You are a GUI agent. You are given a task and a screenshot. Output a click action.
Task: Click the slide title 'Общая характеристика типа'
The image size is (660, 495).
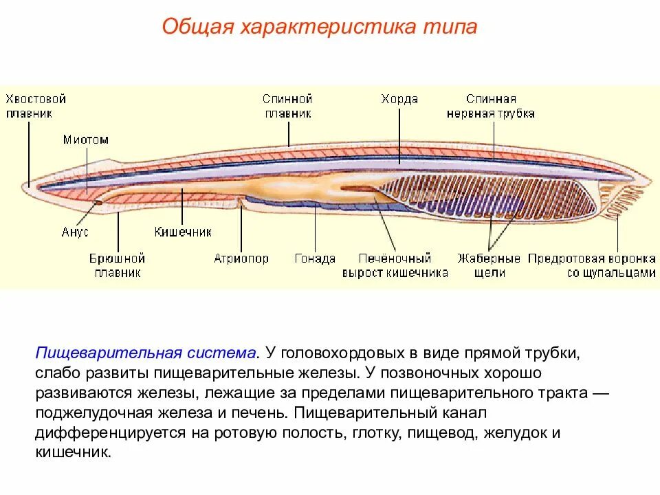pyautogui.click(x=319, y=28)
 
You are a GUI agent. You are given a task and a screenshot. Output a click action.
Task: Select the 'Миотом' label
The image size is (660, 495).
pyautogui.click(x=86, y=140)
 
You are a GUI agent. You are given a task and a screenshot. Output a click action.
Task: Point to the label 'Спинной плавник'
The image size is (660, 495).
pyautogui.click(x=287, y=107)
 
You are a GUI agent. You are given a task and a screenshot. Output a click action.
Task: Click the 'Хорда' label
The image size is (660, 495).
pyautogui.click(x=399, y=100)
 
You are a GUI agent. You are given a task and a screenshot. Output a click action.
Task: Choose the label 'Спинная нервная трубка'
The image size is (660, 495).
pyautogui.click(x=490, y=107)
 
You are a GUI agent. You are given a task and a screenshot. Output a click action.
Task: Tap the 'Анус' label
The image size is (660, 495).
pyautogui.click(x=75, y=232)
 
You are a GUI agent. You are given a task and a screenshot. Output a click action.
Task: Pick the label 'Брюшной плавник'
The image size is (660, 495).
pyautogui.click(x=117, y=265)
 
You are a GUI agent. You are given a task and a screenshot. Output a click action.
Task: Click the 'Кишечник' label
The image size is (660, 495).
pyautogui.click(x=183, y=232)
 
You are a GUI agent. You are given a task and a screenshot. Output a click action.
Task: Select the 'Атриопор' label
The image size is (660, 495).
pyautogui.click(x=241, y=259)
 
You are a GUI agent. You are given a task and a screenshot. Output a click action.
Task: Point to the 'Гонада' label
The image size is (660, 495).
pyautogui.click(x=315, y=259)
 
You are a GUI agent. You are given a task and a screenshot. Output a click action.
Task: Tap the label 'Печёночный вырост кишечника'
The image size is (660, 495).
pyautogui.click(x=395, y=265)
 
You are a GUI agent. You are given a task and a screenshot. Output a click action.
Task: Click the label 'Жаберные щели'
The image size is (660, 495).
pyautogui.click(x=489, y=265)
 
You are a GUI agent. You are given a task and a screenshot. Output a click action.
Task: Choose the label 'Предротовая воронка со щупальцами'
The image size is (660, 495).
pyautogui.click(x=591, y=265)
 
